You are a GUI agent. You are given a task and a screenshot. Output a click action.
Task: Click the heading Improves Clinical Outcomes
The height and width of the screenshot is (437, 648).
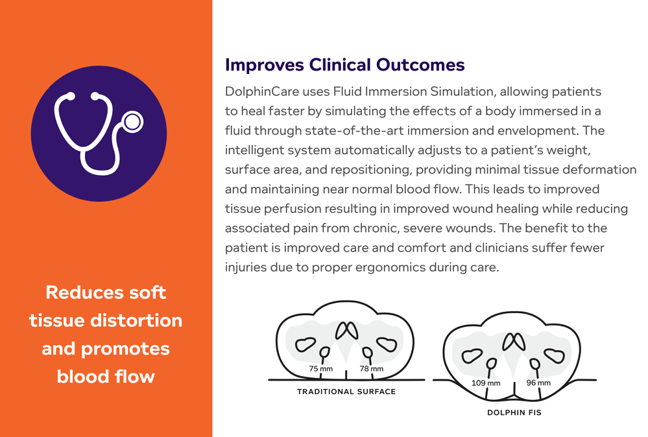(344, 65)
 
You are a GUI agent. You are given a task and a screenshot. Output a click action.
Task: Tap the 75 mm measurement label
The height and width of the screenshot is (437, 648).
(321, 369)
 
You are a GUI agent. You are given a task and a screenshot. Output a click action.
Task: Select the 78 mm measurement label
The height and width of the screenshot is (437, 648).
(371, 369)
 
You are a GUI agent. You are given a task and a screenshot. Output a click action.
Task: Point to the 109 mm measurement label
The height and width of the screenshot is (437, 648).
(486, 383)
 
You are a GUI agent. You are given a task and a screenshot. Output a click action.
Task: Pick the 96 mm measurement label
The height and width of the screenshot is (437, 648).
(538, 383)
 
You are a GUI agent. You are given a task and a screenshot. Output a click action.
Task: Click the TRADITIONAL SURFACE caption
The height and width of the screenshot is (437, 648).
(346, 392)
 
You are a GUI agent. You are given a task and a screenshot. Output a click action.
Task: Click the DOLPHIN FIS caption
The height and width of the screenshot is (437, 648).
(514, 412)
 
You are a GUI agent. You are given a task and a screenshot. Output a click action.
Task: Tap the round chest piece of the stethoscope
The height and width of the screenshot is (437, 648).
(133, 121)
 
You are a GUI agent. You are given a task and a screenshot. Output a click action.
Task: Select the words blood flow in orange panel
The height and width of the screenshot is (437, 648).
(106, 376)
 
